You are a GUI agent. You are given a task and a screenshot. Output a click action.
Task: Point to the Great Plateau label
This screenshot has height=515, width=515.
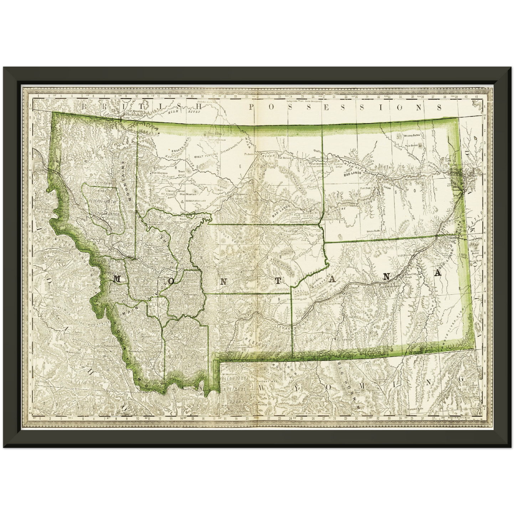[204, 157]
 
